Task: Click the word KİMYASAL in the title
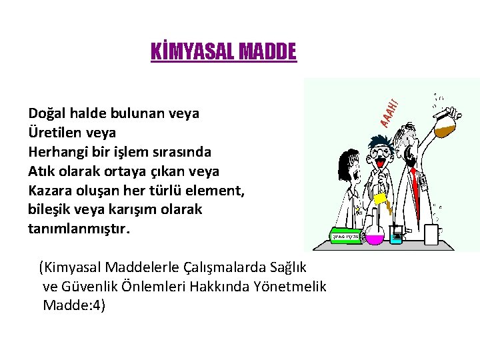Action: [x=189, y=51]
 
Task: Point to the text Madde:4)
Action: [x=74, y=306]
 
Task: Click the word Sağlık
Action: [x=288, y=267]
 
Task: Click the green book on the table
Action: [x=346, y=235]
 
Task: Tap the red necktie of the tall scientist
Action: [x=417, y=183]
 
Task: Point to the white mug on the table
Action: [x=430, y=233]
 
